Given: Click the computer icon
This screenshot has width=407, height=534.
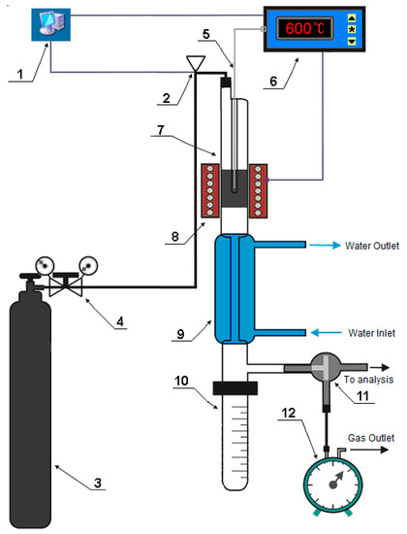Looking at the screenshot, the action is click(x=50, y=24).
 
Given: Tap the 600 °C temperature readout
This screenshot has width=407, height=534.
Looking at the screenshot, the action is click(x=304, y=28).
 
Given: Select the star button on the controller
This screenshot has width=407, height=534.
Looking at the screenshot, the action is click(x=352, y=29).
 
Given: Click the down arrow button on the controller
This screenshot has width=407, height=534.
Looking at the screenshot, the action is click(x=352, y=41).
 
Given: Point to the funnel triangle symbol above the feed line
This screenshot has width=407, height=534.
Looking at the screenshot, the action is click(x=196, y=63).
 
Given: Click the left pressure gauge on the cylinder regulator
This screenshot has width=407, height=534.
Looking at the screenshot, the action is click(x=45, y=265).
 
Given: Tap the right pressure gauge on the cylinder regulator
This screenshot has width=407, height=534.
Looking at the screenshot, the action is click(x=88, y=265).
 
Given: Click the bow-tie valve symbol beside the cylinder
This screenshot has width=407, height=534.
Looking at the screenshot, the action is click(x=66, y=287).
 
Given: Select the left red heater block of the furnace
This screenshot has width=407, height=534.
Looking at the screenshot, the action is click(x=209, y=190).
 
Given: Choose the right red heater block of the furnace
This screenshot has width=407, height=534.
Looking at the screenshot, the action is click(x=258, y=190).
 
